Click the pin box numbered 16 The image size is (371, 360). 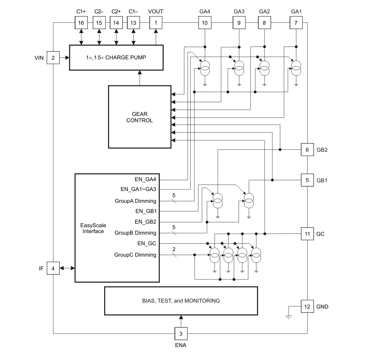81,23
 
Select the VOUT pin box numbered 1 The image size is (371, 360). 156,23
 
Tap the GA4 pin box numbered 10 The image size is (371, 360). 205,23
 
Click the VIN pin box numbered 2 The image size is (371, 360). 53,57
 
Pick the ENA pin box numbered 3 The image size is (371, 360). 181,334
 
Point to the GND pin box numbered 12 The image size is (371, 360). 307,307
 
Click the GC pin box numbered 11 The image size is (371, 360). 307,234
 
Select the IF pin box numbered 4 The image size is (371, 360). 53,268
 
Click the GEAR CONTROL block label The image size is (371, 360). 140,117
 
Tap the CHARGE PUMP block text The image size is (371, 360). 116,57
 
